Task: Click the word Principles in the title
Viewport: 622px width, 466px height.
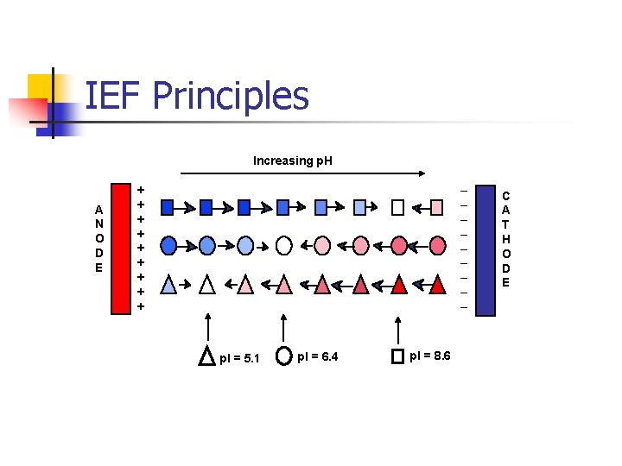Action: coord(231,96)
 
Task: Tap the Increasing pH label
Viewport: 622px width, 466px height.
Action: coord(293,161)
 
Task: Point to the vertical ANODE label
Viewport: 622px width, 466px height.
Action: coord(99,238)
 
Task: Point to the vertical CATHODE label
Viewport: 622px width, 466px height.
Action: coord(506,238)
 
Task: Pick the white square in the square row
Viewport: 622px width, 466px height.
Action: coord(397,207)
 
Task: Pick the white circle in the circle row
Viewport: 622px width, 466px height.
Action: coord(284,246)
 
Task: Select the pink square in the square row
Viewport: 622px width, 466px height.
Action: coord(437,207)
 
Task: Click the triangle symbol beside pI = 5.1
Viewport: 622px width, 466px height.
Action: coord(207,356)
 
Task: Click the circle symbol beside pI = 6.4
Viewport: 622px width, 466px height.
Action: coord(282,355)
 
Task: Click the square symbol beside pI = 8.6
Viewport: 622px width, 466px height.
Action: coord(397,356)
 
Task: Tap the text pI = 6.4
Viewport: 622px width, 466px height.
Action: coord(317,356)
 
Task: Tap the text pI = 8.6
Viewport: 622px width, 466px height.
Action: coord(429,356)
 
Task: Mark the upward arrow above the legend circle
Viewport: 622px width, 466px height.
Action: coord(282,328)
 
